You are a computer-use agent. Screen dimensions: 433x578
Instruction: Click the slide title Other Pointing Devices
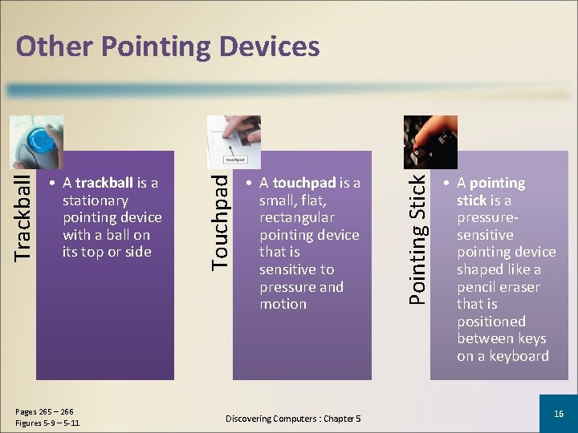click(168, 47)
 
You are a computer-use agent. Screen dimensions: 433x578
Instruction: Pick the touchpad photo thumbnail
click(234, 142)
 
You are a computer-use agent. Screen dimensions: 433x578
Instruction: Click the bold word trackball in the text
click(104, 183)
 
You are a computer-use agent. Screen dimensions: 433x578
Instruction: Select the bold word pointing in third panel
click(497, 183)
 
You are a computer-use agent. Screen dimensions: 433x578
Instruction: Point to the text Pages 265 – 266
click(43, 411)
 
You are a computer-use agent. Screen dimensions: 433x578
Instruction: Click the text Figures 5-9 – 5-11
click(47, 423)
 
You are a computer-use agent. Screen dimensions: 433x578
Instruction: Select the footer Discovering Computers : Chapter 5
click(293, 419)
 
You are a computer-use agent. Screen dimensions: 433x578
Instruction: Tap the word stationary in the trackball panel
click(96, 200)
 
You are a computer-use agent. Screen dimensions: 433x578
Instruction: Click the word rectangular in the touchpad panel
click(296, 217)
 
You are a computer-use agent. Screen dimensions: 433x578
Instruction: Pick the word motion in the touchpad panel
click(283, 304)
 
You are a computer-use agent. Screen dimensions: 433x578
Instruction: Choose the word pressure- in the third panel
click(486, 218)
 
